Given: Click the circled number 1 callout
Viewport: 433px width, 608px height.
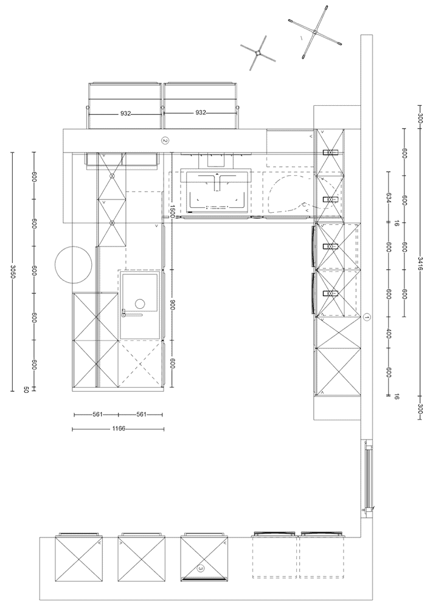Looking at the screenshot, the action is pyautogui.click(x=367, y=317).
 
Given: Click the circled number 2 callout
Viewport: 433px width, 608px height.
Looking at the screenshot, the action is pyautogui.click(x=165, y=141).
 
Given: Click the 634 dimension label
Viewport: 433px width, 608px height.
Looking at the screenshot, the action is pyautogui.click(x=389, y=198).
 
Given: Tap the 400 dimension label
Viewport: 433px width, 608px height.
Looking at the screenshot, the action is pyautogui.click(x=389, y=334).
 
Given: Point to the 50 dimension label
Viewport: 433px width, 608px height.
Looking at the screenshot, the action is pyautogui.click(x=26, y=390).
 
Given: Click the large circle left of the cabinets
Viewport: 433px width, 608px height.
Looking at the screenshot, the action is pyautogui.click(x=74, y=265).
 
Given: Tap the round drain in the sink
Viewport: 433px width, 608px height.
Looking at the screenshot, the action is pyautogui.click(x=139, y=304).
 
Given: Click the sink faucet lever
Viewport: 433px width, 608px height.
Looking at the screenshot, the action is pyautogui.click(x=133, y=314).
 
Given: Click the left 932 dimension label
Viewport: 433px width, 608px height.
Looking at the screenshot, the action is pyautogui.click(x=125, y=114).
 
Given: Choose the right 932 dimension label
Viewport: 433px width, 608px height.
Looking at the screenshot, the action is pyautogui.click(x=201, y=113).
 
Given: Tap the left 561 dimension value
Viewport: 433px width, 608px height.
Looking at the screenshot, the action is pyautogui.click(x=97, y=415).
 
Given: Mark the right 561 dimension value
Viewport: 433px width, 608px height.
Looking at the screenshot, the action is pyautogui.click(x=141, y=415).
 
